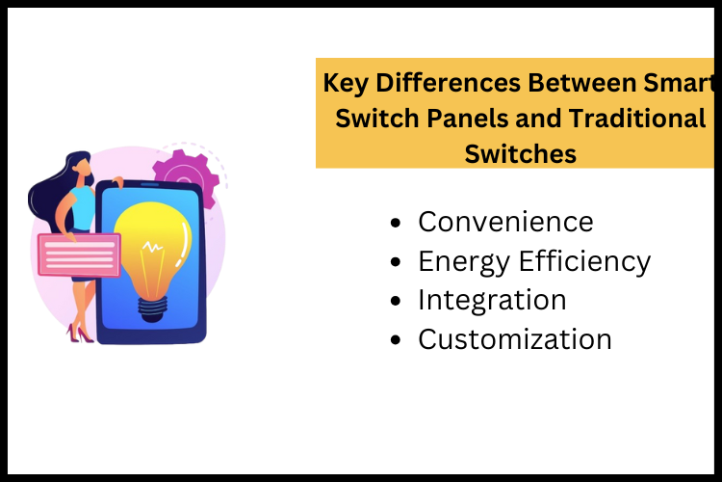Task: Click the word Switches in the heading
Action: coord(521,153)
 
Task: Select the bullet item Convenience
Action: coord(505,222)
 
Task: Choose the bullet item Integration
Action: coord(492,300)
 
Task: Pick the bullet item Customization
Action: coord(515,339)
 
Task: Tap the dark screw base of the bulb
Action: coord(151,308)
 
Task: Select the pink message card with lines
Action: coord(78,254)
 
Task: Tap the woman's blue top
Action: coord(83,207)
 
